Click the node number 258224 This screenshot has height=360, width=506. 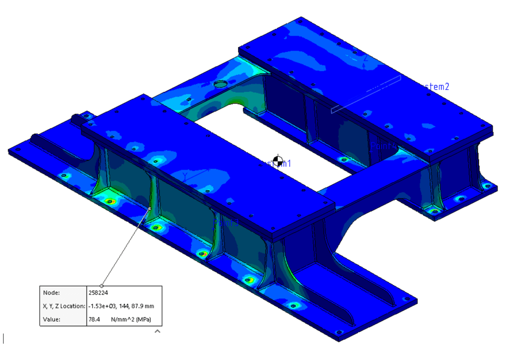98,293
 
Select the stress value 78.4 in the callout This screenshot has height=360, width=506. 94,319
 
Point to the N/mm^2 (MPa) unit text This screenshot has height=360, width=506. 131,319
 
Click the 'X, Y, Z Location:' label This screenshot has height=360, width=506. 64,306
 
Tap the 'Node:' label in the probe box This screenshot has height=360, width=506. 51,293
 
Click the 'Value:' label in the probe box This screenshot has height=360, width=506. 52,319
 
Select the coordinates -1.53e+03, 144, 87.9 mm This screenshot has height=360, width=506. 121,306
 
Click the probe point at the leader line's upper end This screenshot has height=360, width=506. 150,209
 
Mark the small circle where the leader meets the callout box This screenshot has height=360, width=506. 102,286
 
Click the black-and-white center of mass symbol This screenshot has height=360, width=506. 278,161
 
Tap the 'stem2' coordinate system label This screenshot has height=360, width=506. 437,87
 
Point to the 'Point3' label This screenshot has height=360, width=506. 226,223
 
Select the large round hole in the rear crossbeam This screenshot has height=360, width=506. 220,84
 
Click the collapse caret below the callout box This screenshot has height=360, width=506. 157,331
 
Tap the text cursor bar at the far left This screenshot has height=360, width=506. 3,338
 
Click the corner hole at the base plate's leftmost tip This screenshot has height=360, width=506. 18,149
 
